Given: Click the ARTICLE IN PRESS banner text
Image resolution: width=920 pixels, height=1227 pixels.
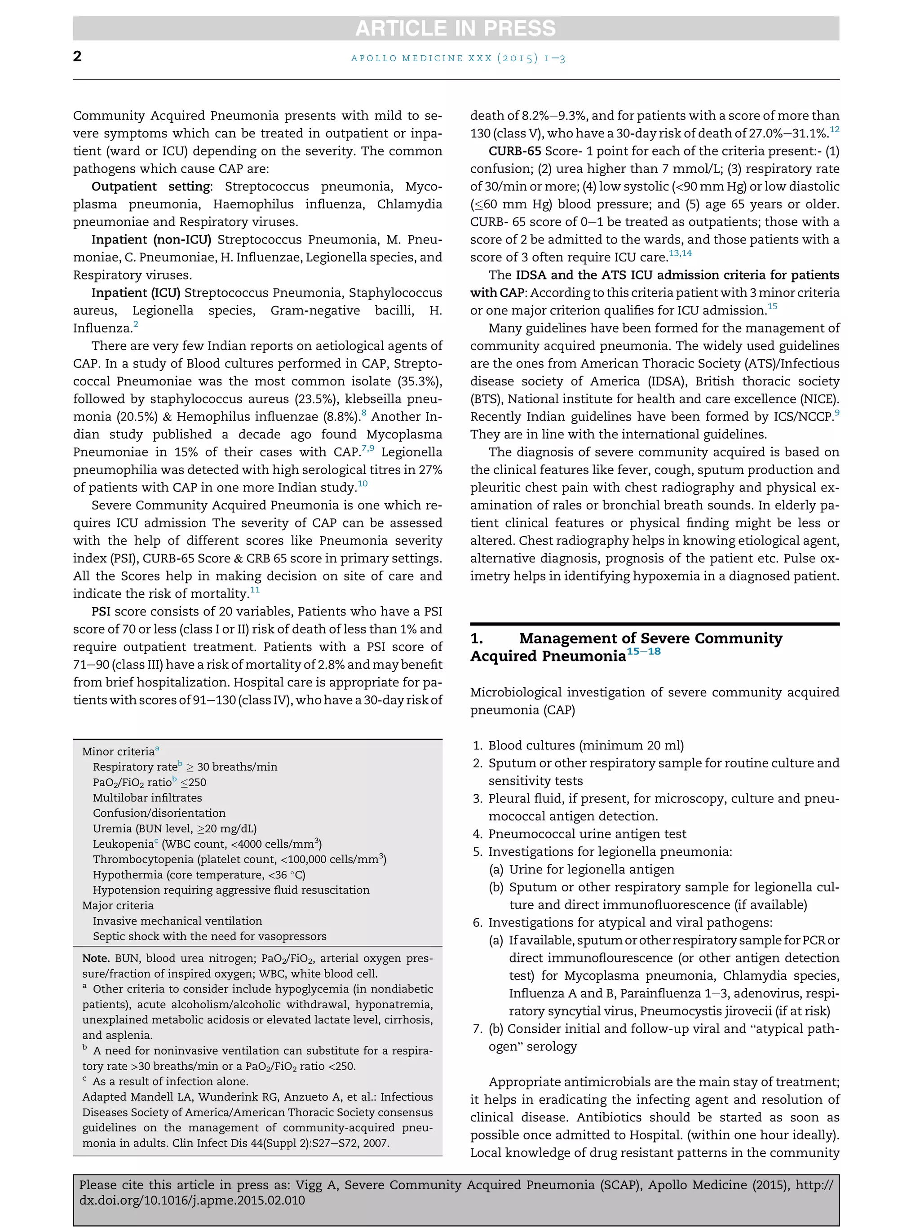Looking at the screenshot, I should coord(456,28).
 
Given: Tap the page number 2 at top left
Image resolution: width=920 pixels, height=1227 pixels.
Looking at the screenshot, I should coord(78,56).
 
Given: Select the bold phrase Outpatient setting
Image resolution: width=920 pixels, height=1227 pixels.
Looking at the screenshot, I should coord(151,186).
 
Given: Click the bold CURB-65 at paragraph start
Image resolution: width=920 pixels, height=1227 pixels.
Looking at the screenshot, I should coord(515,151).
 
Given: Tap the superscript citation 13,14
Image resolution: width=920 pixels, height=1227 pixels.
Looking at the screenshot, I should coord(680,253).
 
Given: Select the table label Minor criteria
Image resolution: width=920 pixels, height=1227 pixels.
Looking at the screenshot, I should coord(118,752).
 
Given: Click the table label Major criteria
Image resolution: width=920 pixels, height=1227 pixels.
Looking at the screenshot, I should coord(118,905).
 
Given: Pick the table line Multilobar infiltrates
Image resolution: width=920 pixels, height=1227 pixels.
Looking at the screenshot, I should coord(147,797).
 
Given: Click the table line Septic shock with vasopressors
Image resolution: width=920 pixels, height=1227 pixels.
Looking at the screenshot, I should coord(210,936).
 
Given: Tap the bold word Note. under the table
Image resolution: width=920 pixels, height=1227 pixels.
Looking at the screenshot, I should coord(95,958).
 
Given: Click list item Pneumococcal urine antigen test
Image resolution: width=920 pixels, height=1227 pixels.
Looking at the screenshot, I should coord(587,834).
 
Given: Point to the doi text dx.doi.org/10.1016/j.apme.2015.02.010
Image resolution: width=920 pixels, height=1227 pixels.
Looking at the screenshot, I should coord(192,1200).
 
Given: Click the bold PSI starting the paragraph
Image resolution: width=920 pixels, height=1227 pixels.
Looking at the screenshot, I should coord(101,612).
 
